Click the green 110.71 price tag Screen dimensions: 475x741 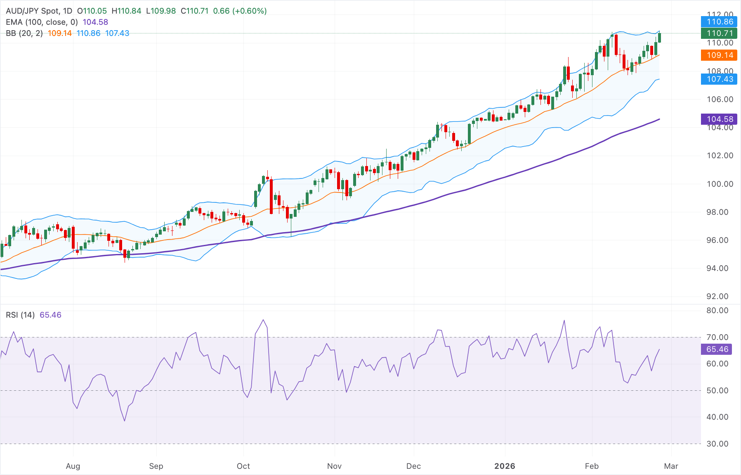click(719, 33)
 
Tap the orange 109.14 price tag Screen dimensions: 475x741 click(719, 55)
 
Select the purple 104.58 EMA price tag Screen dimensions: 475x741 click(719, 119)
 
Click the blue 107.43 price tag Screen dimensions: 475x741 click(719, 79)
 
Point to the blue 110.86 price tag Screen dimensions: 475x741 click(719, 22)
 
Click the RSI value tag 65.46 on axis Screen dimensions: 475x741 click(717, 349)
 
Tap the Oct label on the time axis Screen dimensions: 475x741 click(243, 466)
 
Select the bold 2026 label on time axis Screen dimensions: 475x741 click(505, 466)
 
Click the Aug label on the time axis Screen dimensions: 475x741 click(73, 466)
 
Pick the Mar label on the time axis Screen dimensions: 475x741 click(671, 466)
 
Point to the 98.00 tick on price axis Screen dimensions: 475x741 click(720, 212)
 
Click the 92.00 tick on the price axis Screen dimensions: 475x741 click(720, 297)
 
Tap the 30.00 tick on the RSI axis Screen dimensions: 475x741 click(717, 444)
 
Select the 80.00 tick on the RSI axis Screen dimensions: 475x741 click(717, 311)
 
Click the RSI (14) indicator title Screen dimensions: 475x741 click(20, 315)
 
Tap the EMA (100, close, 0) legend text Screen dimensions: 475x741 click(42, 22)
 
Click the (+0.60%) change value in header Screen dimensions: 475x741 click(250, 11)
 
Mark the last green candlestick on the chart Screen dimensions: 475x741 click(660, 38)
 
